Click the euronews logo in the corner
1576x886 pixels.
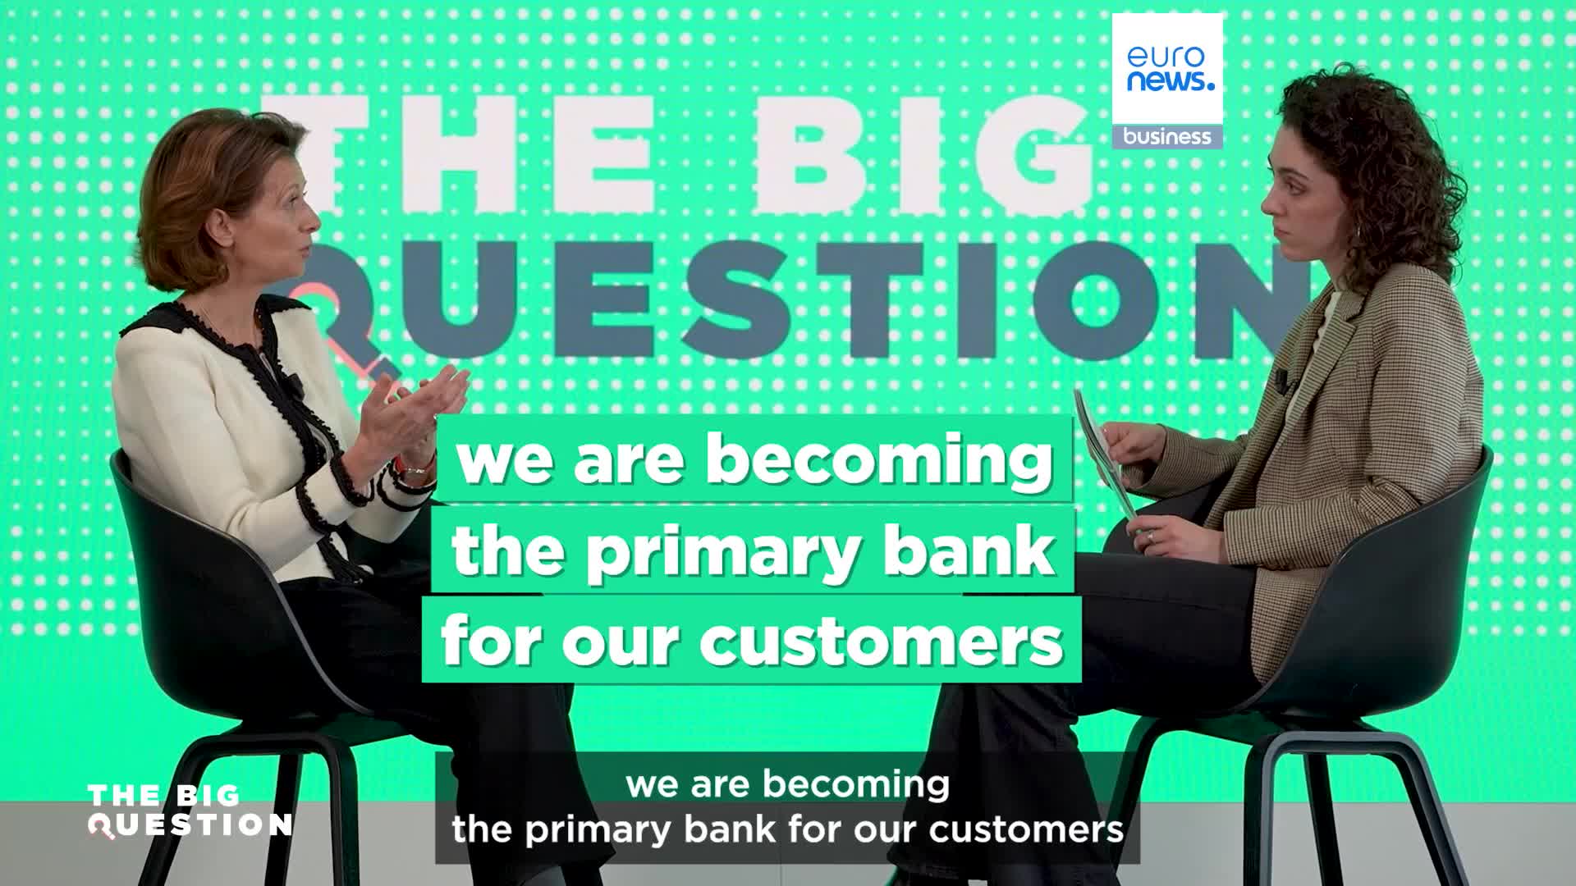coord(1166,69)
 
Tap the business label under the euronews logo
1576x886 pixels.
coord(1166,137)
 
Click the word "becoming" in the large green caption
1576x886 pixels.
coord(878,461)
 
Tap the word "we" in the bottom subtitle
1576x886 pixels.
coord(653,784)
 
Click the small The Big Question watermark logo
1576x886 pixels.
coord(189,811)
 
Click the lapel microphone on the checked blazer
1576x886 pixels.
coord(1280,379)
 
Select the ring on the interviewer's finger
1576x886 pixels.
coord(1150,534)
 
